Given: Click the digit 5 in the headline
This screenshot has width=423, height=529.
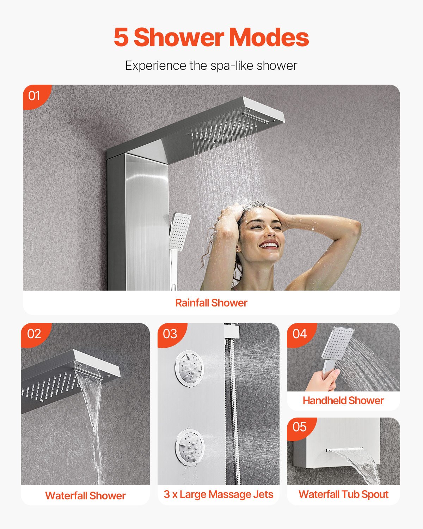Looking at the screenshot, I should point(121,37).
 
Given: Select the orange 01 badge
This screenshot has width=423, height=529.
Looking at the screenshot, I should point(35,95).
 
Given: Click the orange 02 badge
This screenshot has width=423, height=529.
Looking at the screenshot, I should point(34,334).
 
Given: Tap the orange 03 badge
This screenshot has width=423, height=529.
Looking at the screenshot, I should point(170,334).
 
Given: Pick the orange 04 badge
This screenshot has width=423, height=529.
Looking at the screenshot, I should point(300,334).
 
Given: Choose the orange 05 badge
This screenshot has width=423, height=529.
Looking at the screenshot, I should point(300,427).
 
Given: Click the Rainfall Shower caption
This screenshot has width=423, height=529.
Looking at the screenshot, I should point(211,303).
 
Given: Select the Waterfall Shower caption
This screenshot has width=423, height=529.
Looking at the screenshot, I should point(85,495).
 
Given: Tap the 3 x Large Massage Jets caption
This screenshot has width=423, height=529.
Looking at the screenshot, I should point(218,494).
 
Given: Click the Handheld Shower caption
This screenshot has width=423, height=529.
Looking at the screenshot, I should point(343,401).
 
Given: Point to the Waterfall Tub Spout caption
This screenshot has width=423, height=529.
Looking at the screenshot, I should point(343,494).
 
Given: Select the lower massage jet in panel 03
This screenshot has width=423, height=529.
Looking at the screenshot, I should point(189,445).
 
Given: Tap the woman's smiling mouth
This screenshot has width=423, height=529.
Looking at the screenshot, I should point(269,245).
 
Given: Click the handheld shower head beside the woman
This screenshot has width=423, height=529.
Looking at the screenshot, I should point(180,231).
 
